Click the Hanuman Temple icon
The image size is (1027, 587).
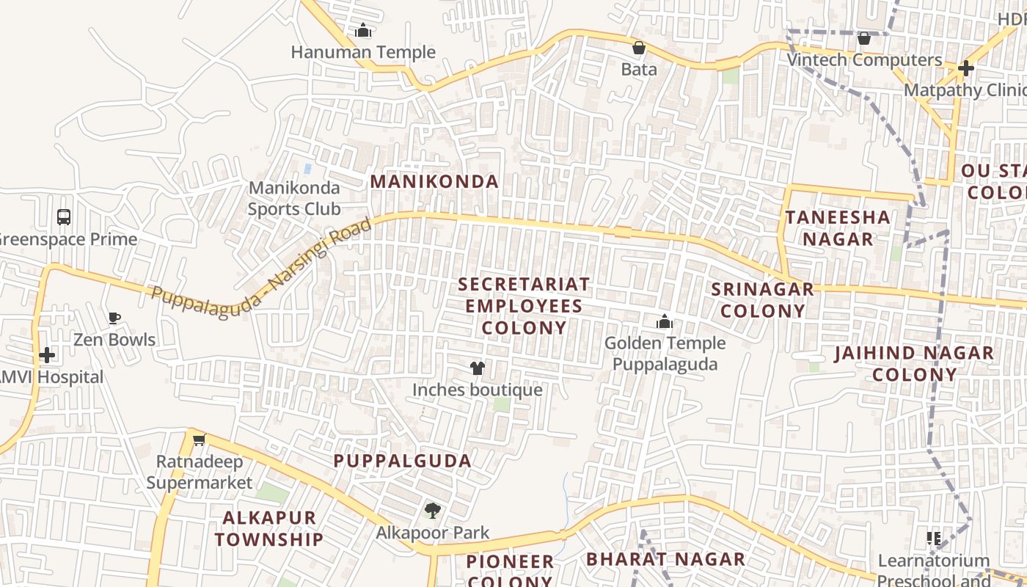(x=363, y=31)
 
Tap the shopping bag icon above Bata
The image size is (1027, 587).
(x=639, y=48)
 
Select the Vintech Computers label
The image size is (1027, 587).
(x=864, y=60)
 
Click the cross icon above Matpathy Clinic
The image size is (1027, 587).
(x=966, y=68)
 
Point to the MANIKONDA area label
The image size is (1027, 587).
(x=434, y=181)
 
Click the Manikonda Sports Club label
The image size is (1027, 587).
(x=294, y=198)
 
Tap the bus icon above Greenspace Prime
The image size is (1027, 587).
(x=64, y=217)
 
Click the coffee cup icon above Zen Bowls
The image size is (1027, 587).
(x=114, y=318)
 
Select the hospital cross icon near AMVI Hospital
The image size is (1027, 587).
(x=47, y=356)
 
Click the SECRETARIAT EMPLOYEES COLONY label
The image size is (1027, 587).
(x=524, y=305)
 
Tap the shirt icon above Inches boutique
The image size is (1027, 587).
(x=478, y=368)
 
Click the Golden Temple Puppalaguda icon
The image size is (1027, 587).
(x=665, y=322)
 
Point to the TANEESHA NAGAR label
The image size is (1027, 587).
(x=838, y=227)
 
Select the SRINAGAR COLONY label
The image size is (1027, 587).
(x=763, y=299)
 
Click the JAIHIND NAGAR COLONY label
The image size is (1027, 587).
(x=915, y=363)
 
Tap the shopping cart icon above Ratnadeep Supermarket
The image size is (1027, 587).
(x=199, y=440)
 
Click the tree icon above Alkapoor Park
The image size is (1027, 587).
(x=433, y=511)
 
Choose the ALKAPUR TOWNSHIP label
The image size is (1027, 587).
(x=269, y=528)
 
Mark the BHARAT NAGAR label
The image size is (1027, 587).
(x=665, y=559)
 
